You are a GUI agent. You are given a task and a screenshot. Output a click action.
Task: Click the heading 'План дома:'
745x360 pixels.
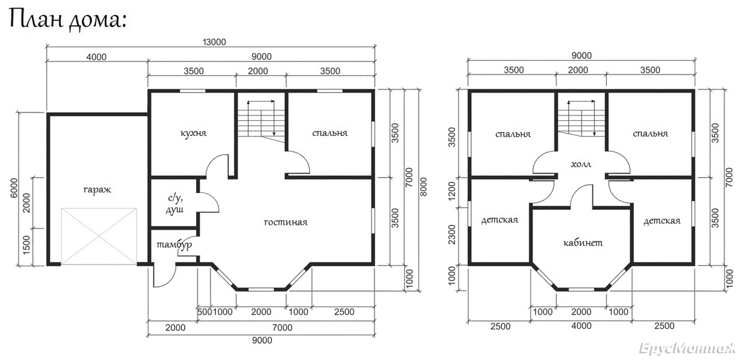[x=68, y=20]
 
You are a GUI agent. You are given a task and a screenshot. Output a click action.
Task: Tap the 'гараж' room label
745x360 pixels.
[x=97, y=190]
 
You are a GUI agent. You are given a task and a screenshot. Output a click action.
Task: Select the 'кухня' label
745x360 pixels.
[x=193, y=133]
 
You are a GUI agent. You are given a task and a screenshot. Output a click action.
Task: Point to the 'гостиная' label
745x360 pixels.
[x=286, y=222]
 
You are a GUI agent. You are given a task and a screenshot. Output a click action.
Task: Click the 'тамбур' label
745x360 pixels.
[x=174, y=245]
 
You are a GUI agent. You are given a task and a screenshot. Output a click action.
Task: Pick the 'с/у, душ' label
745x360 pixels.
[x=175, y=204]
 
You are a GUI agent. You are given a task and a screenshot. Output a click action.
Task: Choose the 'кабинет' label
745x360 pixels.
[x=583, y=243]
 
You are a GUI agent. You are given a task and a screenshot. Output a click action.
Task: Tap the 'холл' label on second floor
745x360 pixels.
[x=581, y=164]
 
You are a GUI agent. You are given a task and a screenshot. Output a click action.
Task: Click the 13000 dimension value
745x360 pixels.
[x=214, y=42]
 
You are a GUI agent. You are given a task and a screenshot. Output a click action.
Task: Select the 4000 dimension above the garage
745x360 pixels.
[x=96, y=57]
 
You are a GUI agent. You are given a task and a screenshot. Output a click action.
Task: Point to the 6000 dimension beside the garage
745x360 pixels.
[x=14, y=188]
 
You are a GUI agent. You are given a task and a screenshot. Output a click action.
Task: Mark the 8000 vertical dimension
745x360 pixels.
[x=423, y=187]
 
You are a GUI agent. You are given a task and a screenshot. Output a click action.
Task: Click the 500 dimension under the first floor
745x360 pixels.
[x=204, y=312]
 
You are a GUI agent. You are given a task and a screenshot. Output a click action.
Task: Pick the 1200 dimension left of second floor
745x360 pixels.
[x=452, y=191]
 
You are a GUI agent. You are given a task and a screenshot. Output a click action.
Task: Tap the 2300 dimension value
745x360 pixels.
[x=452, y=235]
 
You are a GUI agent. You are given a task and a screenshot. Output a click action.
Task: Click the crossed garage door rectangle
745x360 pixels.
[x=99, y=236]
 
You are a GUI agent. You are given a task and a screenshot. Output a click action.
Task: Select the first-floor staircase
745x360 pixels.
[x=261, y=121]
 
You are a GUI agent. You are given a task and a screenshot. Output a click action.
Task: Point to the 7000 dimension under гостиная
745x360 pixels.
[x=282, y=328]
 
